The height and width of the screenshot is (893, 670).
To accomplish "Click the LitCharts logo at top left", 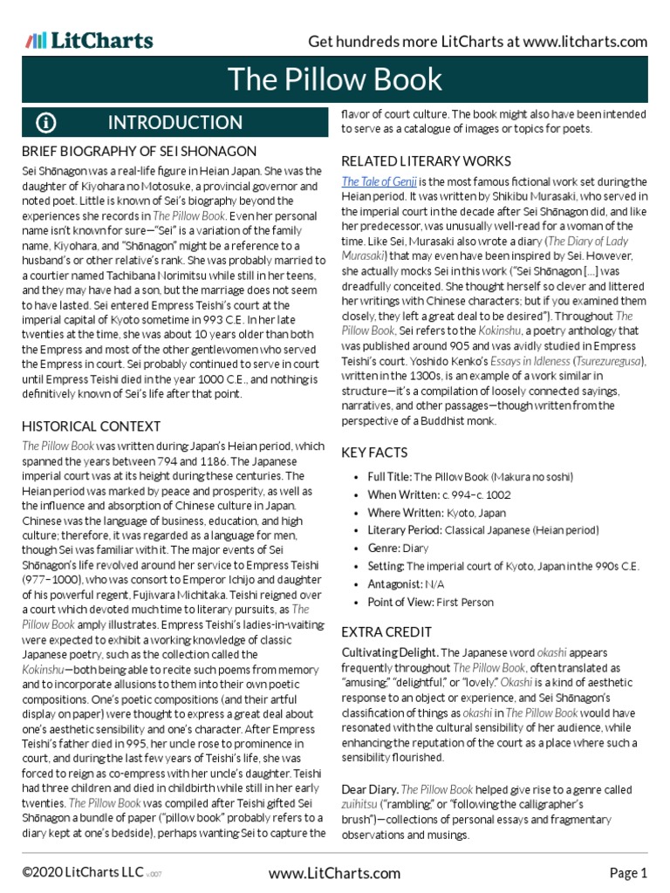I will (x=89, y=40).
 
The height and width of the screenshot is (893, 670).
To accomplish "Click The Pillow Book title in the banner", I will (x=335, y=79).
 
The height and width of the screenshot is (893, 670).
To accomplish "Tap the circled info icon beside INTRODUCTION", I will (x=46, y=122).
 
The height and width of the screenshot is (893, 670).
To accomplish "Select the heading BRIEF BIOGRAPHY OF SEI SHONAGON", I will (x=139, y=152).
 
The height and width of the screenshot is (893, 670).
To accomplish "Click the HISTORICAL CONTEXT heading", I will (x=92, y=426).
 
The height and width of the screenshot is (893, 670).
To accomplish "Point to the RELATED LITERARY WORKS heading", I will (x=426, y=161).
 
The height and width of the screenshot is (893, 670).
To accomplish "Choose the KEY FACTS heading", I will (x=374, y=453).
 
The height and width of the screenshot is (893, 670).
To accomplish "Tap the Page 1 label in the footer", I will (x=628, y=873).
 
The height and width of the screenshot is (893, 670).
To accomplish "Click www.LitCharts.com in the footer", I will (x=335, y=873).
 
